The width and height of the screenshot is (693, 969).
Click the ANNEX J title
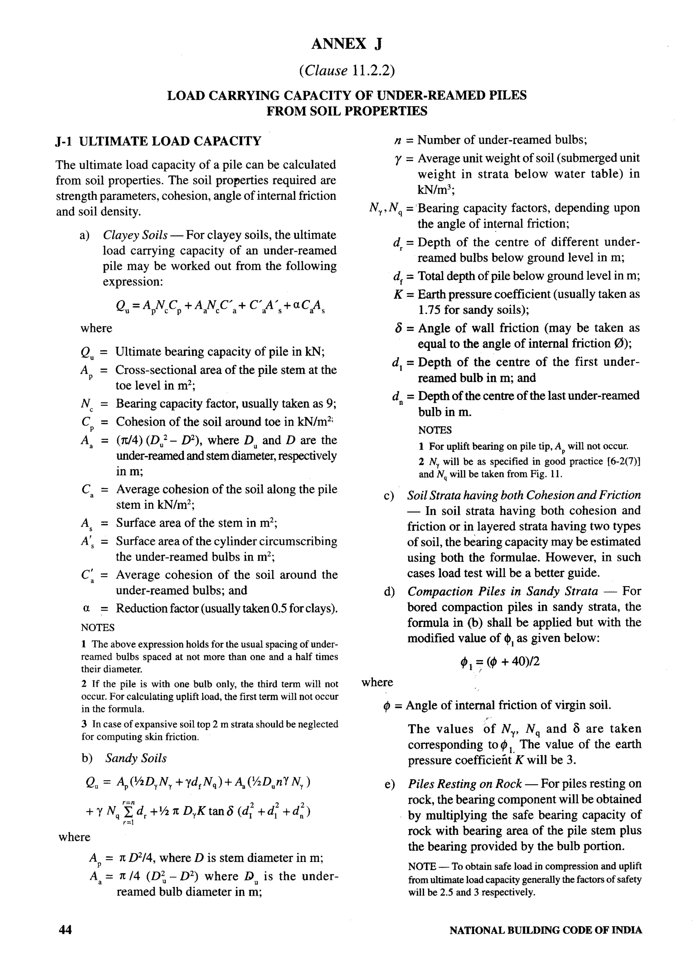(346, 44)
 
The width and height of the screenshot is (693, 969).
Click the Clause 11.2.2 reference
(346, 70)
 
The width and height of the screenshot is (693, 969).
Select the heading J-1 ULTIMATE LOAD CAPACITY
(158, 141)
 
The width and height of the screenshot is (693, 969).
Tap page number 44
(65, 930)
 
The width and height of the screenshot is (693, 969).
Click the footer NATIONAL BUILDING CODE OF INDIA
(545, 931)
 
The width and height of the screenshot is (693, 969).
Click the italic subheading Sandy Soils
(136, 758)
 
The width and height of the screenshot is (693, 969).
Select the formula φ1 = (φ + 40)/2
(500, 662)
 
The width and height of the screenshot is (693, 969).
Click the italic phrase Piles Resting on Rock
(465, 784)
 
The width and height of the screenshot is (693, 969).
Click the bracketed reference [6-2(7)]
(623, 461)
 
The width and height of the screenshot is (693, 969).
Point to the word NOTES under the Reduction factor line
(98, 627)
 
